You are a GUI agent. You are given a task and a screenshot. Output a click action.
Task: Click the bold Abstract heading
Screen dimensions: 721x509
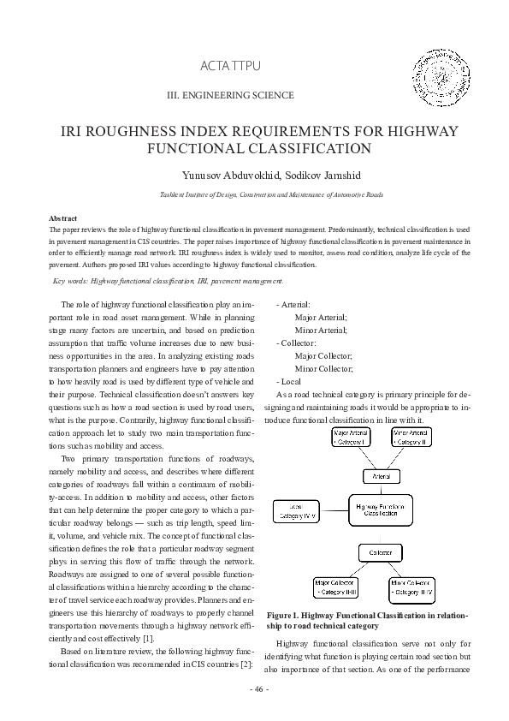[63, 219]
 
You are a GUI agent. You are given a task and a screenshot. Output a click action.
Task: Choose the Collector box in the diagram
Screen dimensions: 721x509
[380, 551]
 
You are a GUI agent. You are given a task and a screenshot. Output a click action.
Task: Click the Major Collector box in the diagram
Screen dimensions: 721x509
[338, 588]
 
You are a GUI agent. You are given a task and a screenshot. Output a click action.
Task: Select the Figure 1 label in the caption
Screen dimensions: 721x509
[290, 615]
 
